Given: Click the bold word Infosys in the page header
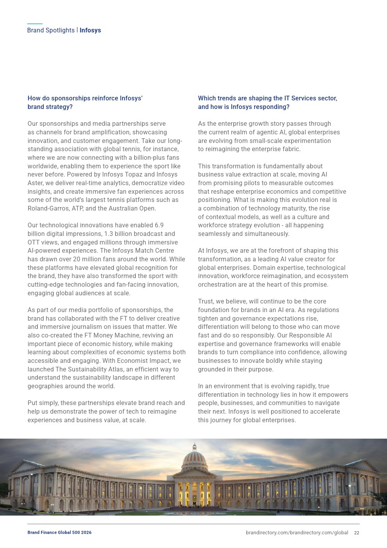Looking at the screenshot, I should pos(90,30).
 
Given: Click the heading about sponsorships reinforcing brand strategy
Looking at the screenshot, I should pos(85,102).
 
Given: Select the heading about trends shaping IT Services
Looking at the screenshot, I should pos(267,102).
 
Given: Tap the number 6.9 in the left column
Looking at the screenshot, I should pos(159,225).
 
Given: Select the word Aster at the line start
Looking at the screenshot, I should pos(35,183).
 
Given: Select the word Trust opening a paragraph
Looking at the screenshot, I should pos(206,302).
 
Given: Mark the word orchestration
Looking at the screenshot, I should pos(216,285).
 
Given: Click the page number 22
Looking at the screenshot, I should pos(357,533).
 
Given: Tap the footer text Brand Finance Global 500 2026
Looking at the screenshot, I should pos(59,532).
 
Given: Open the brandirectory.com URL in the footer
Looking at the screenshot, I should pos(296,533).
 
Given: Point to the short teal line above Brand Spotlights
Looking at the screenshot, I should pos(35,24).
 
